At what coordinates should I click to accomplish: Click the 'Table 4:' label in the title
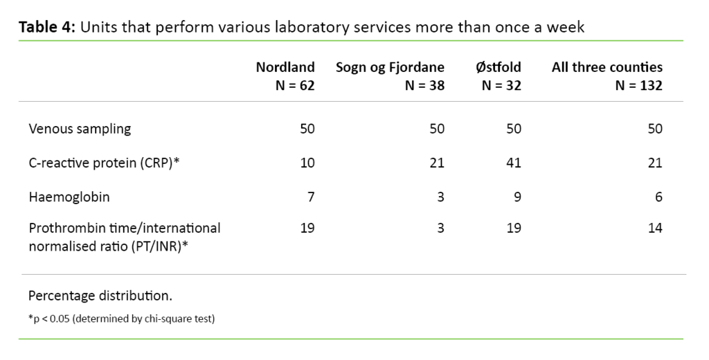(x=47, y=28)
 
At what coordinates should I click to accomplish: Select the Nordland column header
(x=285, y=67)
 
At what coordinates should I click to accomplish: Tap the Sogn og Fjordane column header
(x=390, y=67)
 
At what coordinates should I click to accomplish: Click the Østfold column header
(x=498, y=67)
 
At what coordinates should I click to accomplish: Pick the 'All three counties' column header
(x=607, y=67)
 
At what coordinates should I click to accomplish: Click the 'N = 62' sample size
(x=291, y=86)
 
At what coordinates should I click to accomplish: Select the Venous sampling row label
(x=80, y=129)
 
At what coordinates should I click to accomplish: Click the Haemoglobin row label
(x=69, y=197)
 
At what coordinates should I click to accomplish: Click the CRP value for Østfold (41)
(x=514, y=163)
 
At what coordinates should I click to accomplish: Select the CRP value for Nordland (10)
(x=307, y=163)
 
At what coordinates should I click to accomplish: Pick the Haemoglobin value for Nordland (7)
(x=311, y=197)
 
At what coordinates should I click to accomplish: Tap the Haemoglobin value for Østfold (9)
(x=517, y=197)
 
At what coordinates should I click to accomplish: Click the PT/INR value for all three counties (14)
(x=655, y=228)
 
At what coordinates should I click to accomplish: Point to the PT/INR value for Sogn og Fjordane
(x=440, y=228)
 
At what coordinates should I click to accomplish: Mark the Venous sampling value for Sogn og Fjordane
(x=437, y=129)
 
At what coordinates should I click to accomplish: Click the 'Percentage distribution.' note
(x=100, y=296)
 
